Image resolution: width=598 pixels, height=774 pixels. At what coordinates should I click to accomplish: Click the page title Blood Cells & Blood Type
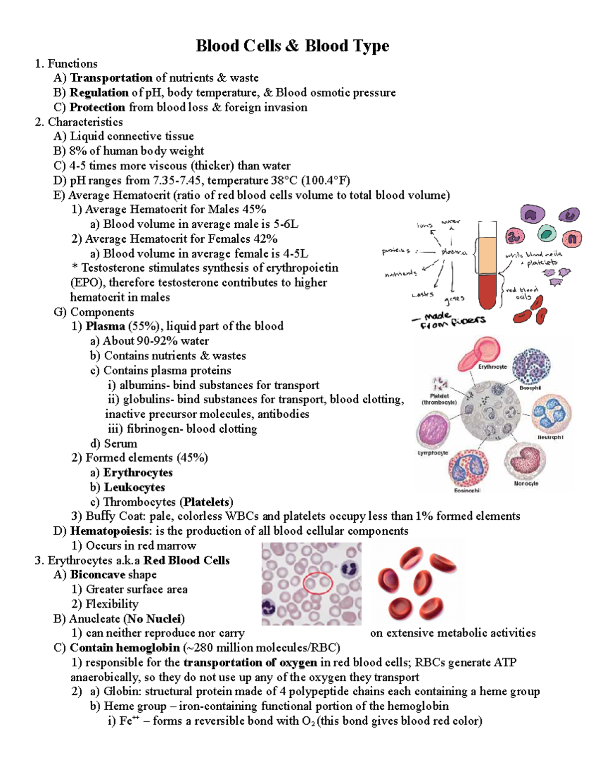(x=293, y=46)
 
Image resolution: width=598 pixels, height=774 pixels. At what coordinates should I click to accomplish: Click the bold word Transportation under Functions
(x=111, y=78)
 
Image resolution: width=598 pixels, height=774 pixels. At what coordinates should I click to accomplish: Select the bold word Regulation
(x=99, y=93)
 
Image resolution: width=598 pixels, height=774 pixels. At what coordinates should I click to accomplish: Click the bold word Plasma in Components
(x=105, y=326)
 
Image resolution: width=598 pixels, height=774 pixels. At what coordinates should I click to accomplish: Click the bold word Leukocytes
(x=134, y=487)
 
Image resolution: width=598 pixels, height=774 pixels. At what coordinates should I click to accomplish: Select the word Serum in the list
(x=120, y=444)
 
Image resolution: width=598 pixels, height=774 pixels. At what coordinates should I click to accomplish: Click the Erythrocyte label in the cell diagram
(x=492, y=367)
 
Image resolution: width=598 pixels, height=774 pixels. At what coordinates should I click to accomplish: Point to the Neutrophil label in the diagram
(x=550, y=437)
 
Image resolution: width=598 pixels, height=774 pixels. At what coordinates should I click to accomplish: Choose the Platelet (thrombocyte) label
(x=439, y=399)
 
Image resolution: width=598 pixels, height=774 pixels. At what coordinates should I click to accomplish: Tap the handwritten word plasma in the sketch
(x=453, y=252)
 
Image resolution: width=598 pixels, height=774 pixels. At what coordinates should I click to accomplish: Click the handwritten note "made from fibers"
(x=448, y=321)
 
